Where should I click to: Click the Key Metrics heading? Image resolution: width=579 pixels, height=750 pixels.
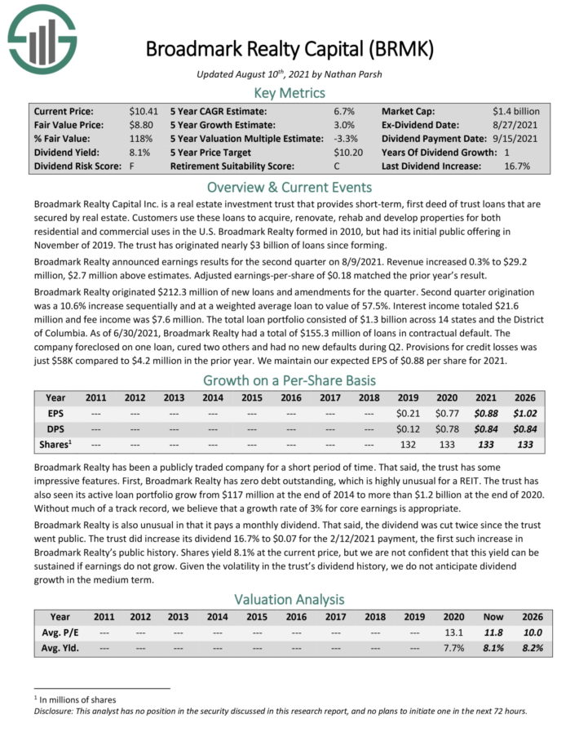point(289,93)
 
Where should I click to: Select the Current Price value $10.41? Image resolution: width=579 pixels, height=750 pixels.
point(144,111)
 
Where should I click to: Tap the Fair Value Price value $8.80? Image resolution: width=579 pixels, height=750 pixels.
point(142,125)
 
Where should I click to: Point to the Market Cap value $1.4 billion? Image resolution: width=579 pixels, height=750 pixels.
point(515,111)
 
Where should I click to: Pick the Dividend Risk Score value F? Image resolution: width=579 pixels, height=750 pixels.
point(131,166)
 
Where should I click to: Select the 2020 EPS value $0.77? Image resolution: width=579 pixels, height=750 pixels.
point(449,415)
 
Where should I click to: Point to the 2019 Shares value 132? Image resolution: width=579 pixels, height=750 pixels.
point(409,446)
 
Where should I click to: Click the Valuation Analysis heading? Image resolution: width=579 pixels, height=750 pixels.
point(289,600)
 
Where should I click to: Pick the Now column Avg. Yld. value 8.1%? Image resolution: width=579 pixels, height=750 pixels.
point(493,648)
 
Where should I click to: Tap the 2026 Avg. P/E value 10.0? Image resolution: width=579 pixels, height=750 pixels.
point(533,632)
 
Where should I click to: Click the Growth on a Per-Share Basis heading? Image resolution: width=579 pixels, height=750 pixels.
point(289,381)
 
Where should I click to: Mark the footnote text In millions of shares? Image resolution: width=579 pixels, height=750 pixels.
point(77,699)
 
